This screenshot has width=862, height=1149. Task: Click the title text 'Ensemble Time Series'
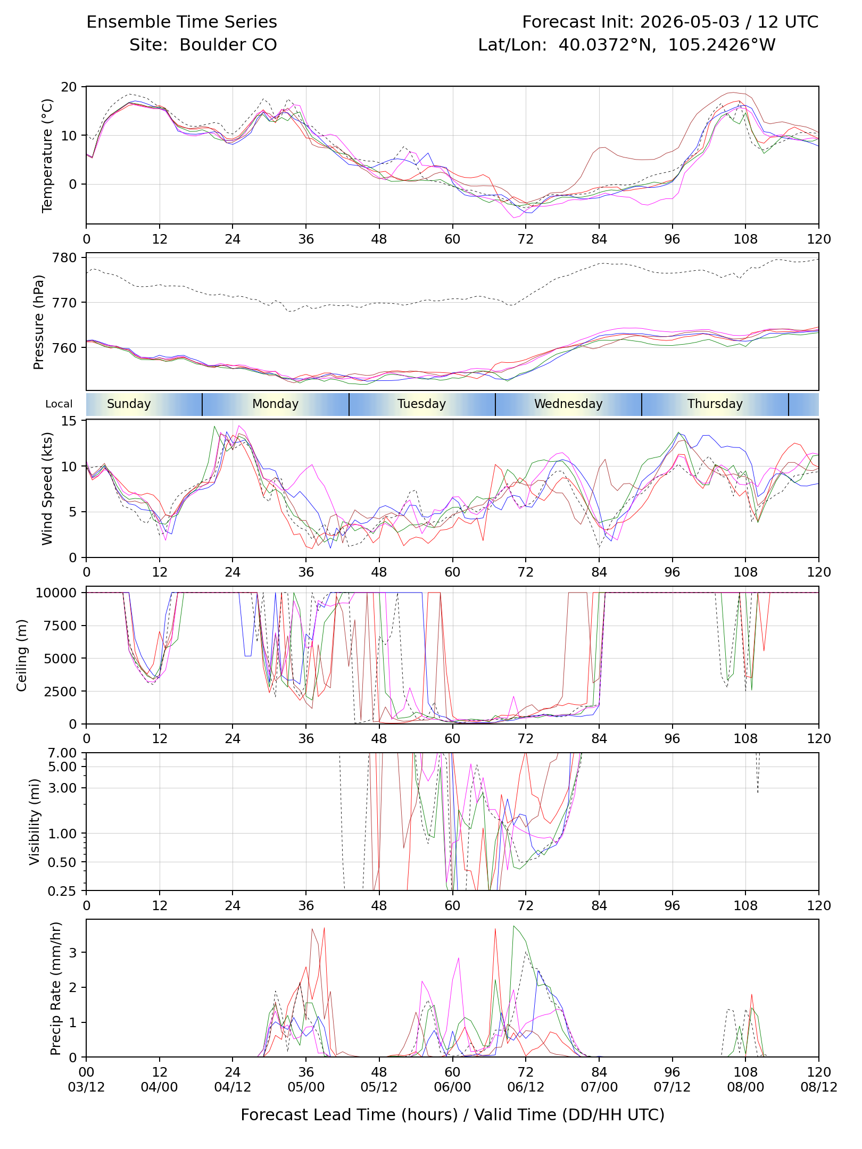pyautogui.click(x=181, y=22)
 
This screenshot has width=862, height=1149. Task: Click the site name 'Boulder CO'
pyautogui.click(x=228, y=45)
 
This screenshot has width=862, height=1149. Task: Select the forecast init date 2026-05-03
pyautogui.click(x=690, y=22)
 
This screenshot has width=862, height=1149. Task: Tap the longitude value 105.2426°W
pyautogui.click(x=722, y=45)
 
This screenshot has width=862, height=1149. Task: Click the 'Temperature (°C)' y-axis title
pyautogui.click(x=47, y=155)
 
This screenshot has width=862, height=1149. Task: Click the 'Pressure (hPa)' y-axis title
pyautogui.click(x=38, y=322)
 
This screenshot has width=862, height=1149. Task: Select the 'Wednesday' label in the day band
pyautogui.click(x=568, y=404)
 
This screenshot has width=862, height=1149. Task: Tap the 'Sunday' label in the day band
pyautogui.click(x=129, y=404)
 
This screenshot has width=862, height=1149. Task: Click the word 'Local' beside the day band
pyautogui.click(x=59, y=404)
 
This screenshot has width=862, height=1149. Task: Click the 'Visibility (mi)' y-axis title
pyautogui.click(x=35, y=822)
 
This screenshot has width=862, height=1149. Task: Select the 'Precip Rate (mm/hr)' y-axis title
pyautogui.click(x=56, y=988)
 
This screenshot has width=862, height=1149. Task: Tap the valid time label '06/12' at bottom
pyautogui.click(x=526, y=1087)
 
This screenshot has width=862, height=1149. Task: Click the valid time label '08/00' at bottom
pyautogui.click(x=745, y=1087)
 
